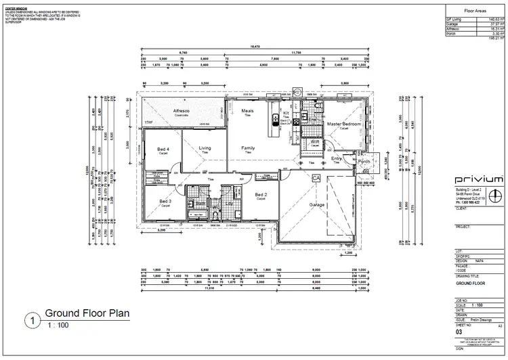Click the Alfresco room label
point(181,110)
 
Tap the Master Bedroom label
point(343,125)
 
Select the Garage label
point(317,204)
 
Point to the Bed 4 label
point(163,149)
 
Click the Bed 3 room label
point(165,202)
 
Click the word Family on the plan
point(248,148)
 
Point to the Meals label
point(248,110)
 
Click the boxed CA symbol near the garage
point(316,177)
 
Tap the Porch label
point(364,162)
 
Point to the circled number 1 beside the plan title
point(30,319)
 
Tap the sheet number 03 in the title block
point(459,332)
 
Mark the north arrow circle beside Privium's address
point(496,196)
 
